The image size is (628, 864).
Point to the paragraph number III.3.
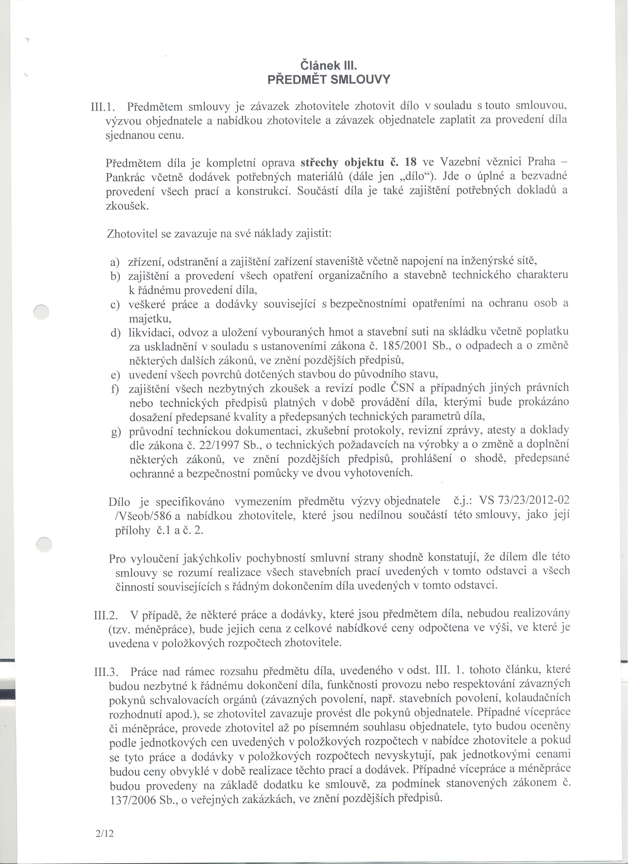(105, 672)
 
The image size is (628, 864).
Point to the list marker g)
(115, 433)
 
